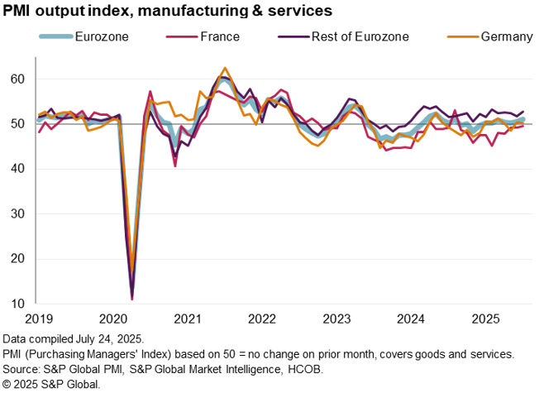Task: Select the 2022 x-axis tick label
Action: pos(262,318)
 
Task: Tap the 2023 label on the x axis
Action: pos(338,318)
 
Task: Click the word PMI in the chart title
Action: pos(19,11)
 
